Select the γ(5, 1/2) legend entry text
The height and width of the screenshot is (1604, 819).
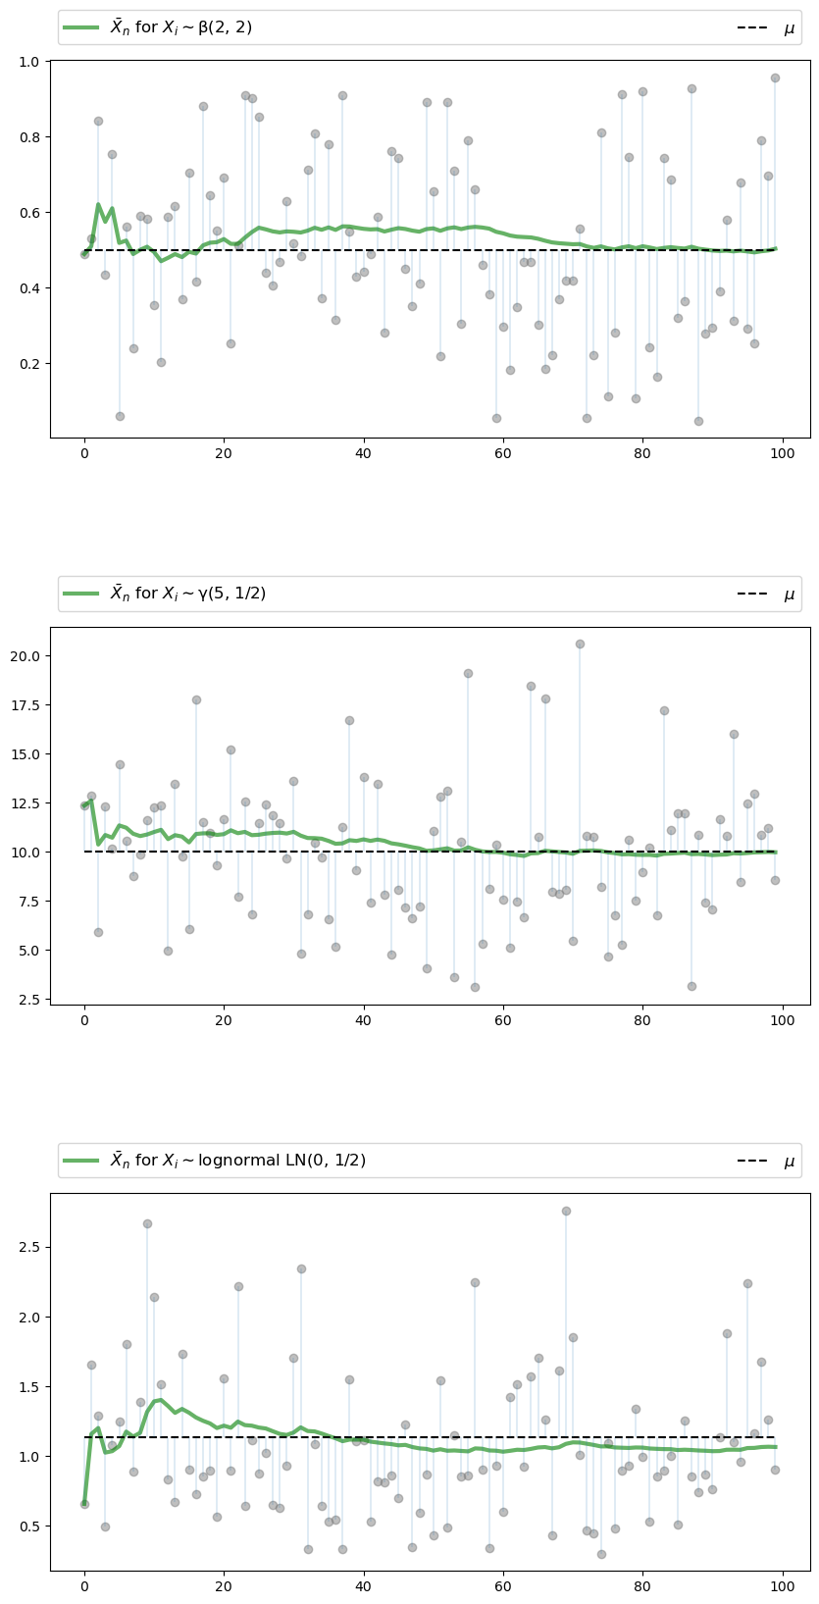click(187, 594)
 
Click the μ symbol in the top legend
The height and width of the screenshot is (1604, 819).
click(790, 28)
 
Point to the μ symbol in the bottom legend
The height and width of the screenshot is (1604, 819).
click(790, 1162)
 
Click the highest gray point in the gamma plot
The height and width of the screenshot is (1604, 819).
click(580, 644)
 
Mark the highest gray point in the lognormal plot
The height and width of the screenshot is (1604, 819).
click(566, 1211)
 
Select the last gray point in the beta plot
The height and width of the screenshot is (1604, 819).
click(775, 78)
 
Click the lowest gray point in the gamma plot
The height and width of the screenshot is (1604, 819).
click(475, 987)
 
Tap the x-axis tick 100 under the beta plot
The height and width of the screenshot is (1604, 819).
click(782, 452)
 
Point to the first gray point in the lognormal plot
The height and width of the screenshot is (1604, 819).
click(84, 1504)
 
